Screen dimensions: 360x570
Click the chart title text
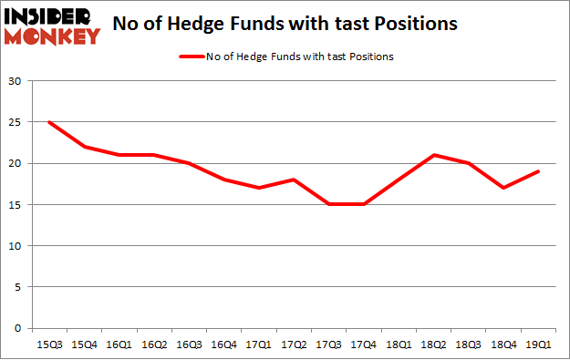click(x=285, y=24)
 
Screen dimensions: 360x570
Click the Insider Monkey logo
click(x=53, y=25)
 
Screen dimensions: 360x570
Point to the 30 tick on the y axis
click(x=16, y=81)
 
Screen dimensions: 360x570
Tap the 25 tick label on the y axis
click(x=16, y=122)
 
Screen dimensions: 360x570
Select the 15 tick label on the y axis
click(x=16, y=205)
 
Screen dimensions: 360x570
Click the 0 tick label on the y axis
click(x=18, y=328)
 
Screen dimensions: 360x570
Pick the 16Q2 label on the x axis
click(x=151, y=345)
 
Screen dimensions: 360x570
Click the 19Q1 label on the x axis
click(x=537, y=345)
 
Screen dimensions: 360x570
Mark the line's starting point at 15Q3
click(x=48, y=122)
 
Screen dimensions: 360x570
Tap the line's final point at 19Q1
click(x=537, y=171)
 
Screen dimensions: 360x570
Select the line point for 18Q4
click(x=503, y=188)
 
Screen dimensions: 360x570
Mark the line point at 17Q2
click(x=293, y=180)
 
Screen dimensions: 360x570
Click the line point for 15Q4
click(x=83, y=147)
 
